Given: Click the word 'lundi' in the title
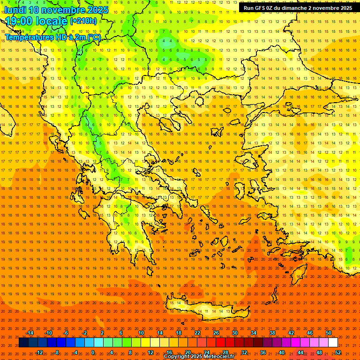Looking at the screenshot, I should [15, 10].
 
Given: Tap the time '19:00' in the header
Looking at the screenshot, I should [20, 21].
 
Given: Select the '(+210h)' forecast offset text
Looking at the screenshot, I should [83, 21].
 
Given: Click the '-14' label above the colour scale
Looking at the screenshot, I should [30, 333].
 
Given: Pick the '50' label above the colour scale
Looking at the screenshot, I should [329, 333].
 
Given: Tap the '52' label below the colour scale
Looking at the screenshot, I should [337, 352].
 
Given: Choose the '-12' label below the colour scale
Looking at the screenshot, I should [39, 352].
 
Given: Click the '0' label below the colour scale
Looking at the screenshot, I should [93, 352].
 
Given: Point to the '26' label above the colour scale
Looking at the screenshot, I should [216, 333].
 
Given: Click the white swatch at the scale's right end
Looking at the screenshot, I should [333, 343].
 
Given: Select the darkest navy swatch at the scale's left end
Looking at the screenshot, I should [23, 343].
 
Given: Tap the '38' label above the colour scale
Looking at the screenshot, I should [272, 333].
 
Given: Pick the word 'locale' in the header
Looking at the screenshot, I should [52, 21].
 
